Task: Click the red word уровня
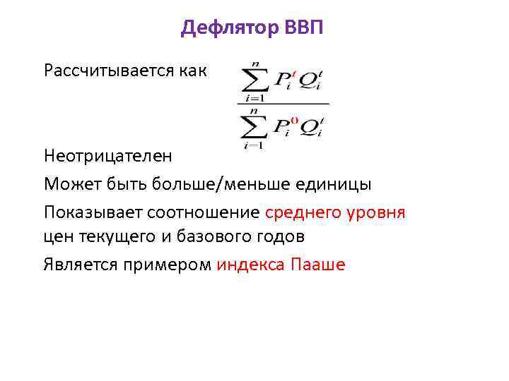tap(380, 212)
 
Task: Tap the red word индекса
tap(251, 265)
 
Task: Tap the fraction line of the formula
tap(283, 104)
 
